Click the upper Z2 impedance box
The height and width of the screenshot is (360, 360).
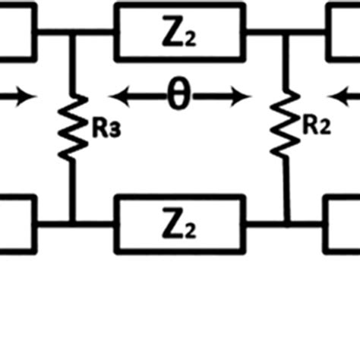click(x=179, y=31)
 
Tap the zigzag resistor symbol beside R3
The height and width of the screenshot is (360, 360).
click(x=72, y=128)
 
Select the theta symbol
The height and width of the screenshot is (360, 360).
click(x=178, y=97)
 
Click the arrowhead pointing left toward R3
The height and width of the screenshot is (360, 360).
click(x=118, y=97)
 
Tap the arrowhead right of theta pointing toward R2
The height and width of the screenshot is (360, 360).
click(x=243, y=97)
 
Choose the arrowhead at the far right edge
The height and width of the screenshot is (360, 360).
click(x=336, y=97)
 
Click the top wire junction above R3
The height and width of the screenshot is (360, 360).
click(x=72, y=32)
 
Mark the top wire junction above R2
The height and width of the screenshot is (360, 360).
click(x=286, y=32)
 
